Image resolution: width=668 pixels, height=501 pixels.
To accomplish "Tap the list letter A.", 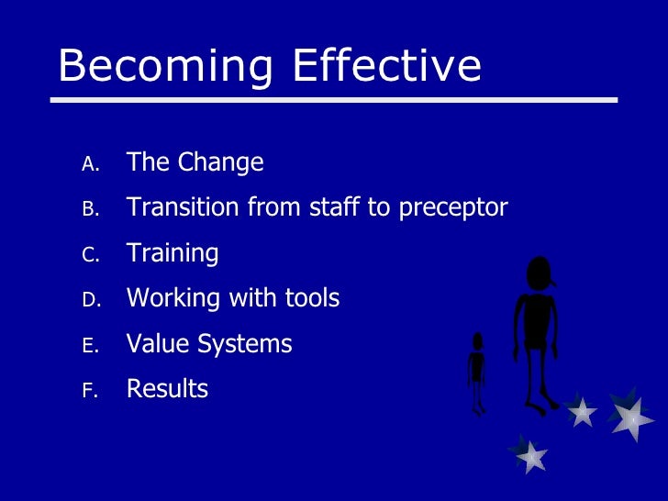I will point(89,164).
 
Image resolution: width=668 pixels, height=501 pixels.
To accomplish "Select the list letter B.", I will point(89,209).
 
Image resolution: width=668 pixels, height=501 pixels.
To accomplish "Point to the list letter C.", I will point(89,254).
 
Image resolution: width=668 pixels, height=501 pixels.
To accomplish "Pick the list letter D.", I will point(89,299).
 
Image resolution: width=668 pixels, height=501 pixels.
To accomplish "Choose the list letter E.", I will point(89,345).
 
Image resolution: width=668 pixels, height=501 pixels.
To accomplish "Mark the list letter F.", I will point(89,390).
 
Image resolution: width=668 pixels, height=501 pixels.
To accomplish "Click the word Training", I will point(173,253).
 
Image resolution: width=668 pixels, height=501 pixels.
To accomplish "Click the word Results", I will point(167,389).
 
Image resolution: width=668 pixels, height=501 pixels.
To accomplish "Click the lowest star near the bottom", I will point(529,454).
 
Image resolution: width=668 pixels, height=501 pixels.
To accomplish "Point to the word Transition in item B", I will point(184,207).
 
